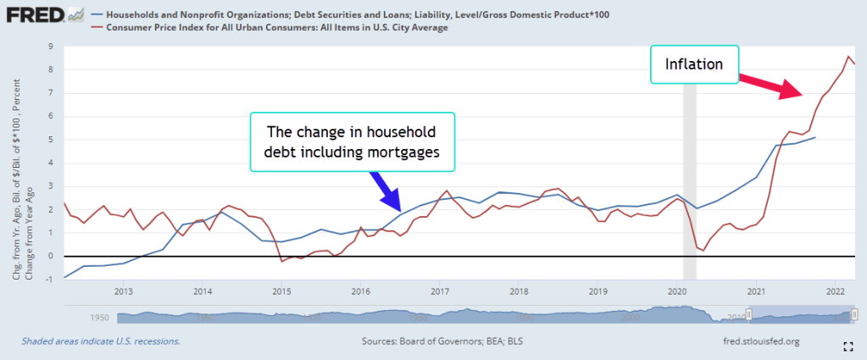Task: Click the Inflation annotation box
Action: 694,64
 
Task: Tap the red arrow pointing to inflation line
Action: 767,85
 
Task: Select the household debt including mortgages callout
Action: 352,142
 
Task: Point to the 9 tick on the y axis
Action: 52,46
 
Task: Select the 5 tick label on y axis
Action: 52,139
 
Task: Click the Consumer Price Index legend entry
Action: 276,28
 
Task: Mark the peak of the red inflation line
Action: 848,57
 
